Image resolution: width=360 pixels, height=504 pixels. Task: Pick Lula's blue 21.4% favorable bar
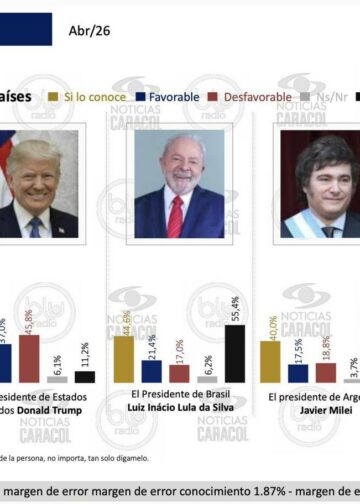(151, 371)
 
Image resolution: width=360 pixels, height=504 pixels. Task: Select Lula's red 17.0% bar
(179, 373)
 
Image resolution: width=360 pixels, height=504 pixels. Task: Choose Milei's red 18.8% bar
(325, 372)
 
